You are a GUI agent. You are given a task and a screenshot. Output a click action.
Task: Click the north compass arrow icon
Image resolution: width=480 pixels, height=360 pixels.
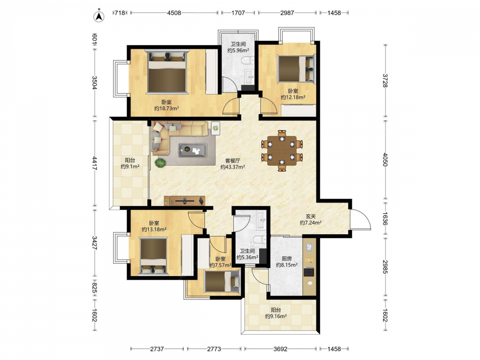tap(98, 16)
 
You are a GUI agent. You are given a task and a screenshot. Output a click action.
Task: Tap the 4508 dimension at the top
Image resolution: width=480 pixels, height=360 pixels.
tap(174, 13)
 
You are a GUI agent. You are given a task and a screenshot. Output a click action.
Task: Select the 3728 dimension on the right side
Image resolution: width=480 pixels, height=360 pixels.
tap(385, 81)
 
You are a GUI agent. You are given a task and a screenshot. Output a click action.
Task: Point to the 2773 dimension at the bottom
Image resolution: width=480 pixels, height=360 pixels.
tap(214, 348)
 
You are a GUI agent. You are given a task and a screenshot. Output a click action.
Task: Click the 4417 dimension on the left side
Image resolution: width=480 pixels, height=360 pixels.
tap(95, 164)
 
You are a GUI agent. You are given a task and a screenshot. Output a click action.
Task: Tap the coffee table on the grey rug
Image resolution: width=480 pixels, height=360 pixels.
tap(193, 150)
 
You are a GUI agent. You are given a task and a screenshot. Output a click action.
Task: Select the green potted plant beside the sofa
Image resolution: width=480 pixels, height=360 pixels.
tap(160, 163)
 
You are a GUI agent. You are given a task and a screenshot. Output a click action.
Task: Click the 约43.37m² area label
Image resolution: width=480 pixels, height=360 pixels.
tap(233, 167)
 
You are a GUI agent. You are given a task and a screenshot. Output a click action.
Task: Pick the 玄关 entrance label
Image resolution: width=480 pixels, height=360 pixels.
tap(311, 216)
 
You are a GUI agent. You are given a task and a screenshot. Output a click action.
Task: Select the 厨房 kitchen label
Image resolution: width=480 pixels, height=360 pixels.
tap(287, 259)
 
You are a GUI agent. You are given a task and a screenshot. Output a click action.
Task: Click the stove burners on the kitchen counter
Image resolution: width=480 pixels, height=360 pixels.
tap(309, 272)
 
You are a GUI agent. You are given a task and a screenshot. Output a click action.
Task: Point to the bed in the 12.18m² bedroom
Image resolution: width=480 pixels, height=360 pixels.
tap(296, 69)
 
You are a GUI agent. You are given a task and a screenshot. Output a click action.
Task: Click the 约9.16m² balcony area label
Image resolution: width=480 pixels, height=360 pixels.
tap(276, 316)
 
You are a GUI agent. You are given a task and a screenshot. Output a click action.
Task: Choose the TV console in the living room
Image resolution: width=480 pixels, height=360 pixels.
tap(185, 201)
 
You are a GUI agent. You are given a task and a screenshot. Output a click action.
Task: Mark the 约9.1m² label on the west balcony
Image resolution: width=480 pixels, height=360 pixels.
tap(130, 167)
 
